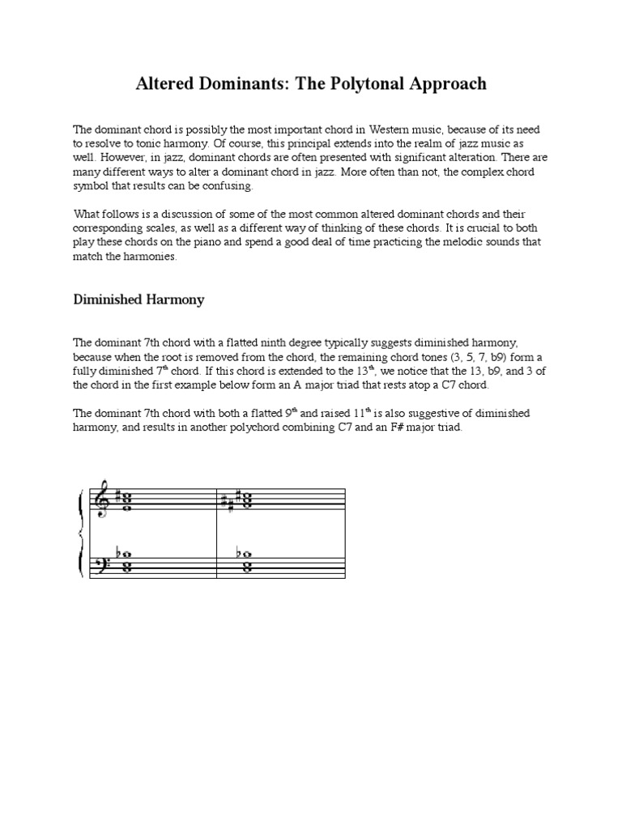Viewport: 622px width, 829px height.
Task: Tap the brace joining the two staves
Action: (79, 534)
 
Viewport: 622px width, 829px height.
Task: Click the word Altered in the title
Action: (161, 83)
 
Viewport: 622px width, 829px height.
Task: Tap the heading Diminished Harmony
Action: (138, 300)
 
